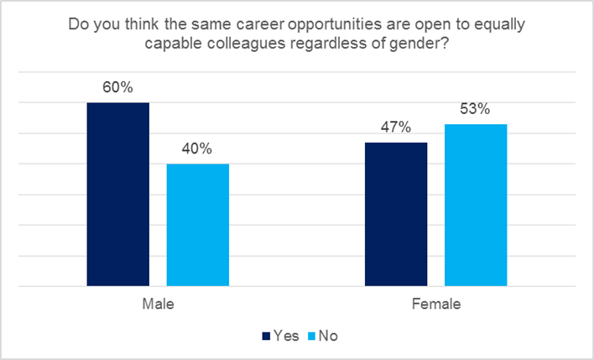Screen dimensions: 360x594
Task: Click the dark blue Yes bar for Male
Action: (118, 194)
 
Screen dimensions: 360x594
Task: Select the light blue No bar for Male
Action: (198, 225)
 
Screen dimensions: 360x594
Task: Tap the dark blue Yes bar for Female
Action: (396, 214)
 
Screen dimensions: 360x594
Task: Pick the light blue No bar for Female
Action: (476, 205)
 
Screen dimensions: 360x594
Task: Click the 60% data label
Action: (118, 87)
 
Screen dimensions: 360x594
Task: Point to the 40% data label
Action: (198, 149)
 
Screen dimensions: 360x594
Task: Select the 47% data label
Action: (396, 128)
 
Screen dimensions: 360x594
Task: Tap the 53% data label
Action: (476, 109)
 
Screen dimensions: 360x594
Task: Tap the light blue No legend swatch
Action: (312, 336)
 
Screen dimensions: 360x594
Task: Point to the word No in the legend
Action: (328, 336)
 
